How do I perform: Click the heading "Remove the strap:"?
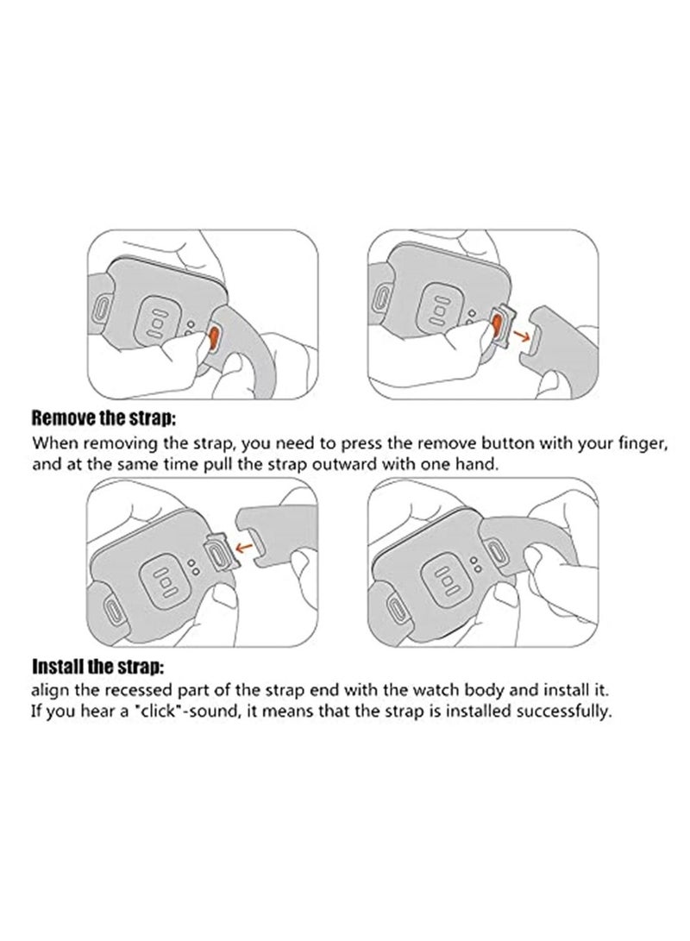pyautogui.click(x=103, y=417)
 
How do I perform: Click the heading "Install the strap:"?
pyautogui.click(x=97, y=666)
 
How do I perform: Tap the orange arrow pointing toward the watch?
pyautogui.click(x=243, y=547)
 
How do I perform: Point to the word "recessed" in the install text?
pyautogui.click(x=143, y=689)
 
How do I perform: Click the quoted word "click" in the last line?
pyautogui.click(x=150, y=712)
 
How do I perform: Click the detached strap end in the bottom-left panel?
pyautogui.click(x=273, y=528)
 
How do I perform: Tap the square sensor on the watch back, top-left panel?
pyautogui.click(x=157, y=322)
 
